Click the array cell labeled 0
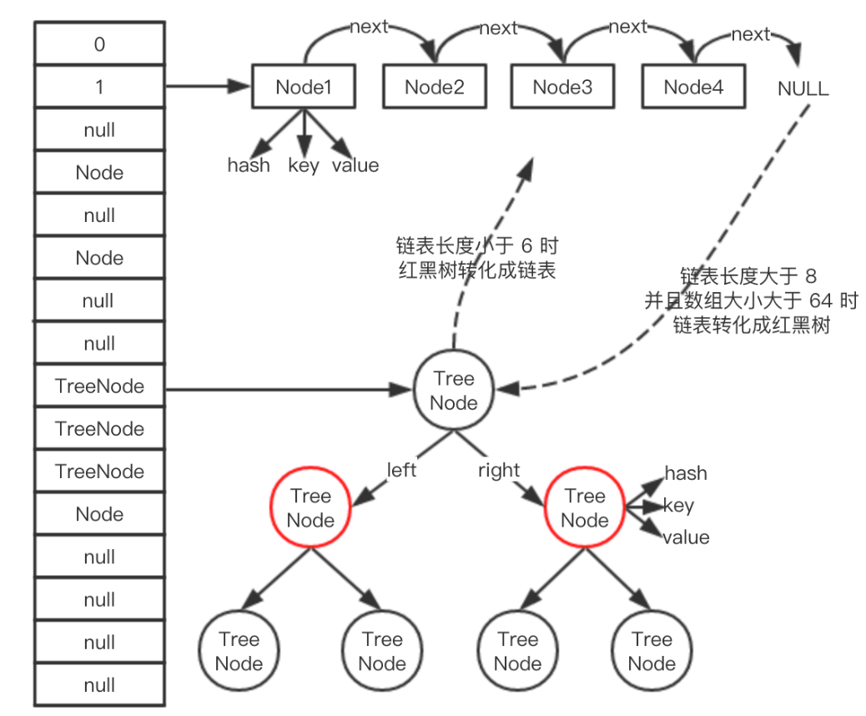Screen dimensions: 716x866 99,44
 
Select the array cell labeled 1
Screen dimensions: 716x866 99,87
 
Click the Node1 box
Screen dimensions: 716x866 304,87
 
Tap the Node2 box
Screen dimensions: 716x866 434,87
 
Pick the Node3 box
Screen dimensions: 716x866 562,87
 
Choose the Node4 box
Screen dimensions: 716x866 693,87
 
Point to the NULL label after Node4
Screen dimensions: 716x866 803,89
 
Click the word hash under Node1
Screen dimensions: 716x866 249,165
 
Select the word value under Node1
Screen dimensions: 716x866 355,165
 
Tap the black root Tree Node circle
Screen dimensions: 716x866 454,391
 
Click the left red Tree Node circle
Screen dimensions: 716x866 310,508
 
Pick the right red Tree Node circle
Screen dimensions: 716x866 584,508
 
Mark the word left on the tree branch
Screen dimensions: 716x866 401,471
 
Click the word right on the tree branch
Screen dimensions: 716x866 499,471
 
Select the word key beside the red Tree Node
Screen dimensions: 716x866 678,506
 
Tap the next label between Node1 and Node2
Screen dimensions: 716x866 369,27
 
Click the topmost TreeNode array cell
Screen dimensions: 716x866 99,386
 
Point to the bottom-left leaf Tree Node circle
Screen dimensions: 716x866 239,652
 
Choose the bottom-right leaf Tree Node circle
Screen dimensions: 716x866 652,652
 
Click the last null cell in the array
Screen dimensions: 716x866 99,686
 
